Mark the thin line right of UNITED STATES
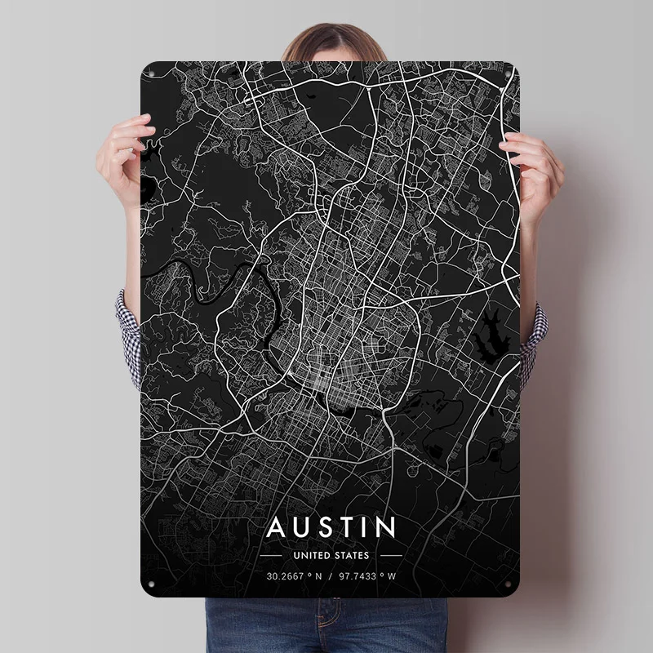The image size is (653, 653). point(391,555)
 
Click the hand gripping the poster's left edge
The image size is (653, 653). point(134,155)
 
